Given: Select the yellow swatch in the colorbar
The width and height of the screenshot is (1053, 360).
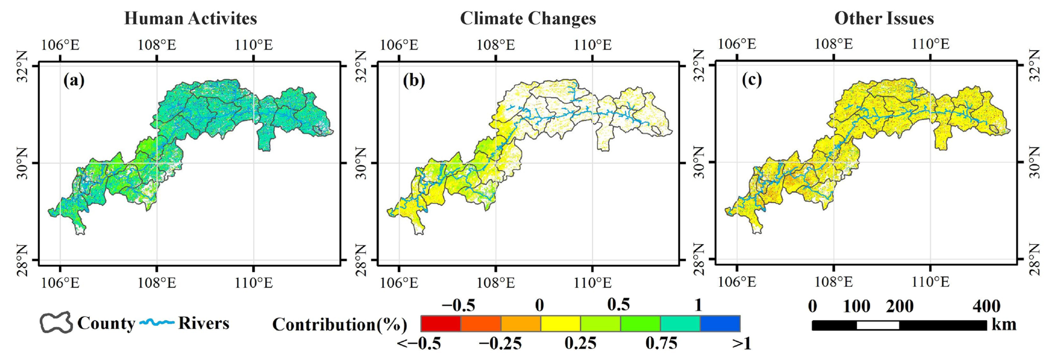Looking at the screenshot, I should [x=560, y=323].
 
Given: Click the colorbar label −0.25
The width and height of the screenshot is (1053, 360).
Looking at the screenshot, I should [x=500, y=344].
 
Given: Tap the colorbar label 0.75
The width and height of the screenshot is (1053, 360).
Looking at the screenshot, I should [x=661, y=344].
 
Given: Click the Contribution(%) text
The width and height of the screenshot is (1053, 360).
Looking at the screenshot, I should [x=340, y=324].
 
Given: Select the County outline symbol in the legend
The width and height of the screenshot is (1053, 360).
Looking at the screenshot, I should [x=56, y=323].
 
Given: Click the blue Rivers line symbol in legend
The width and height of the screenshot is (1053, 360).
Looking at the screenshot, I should [x=157, y=323].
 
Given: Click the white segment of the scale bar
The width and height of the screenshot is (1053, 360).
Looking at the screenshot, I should [x=878, y=325].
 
